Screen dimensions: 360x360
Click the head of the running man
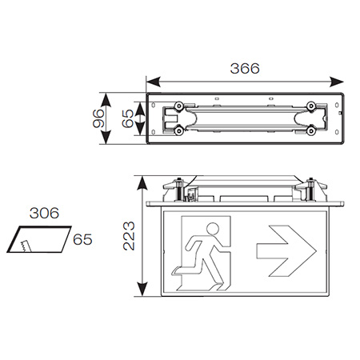(x=214, y=230)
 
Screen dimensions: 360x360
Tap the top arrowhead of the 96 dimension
(x=109, y=98)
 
